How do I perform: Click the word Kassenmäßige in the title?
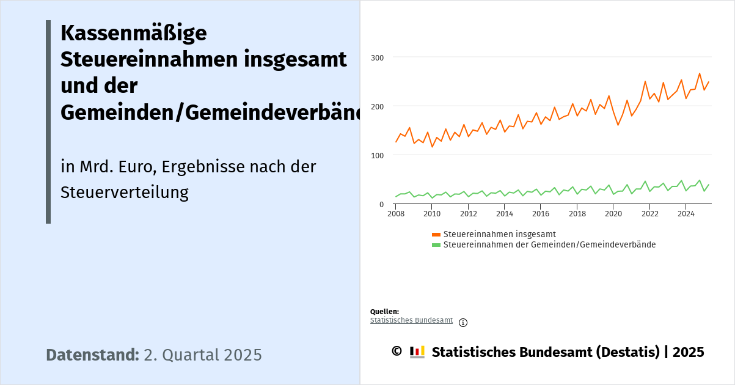tap(133, 33)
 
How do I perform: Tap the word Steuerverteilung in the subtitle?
tap(124, 193)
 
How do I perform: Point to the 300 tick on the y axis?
tap(378, 57)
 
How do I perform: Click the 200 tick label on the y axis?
tap(378, 106)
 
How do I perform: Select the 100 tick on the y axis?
tap(378, 155)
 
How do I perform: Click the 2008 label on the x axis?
tap(396, 214)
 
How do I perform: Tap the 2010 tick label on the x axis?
tap(432, 214)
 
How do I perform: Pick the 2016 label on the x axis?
tap(541, 214)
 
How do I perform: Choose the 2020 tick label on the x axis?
tap(613, 214)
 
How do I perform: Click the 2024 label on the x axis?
tap(686, 214)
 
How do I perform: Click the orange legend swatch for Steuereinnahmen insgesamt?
tap(436, 235)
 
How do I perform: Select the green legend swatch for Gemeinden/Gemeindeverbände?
tap(436, 245)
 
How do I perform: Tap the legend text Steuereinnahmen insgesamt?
tap(499, 234)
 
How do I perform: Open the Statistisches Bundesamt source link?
tap(411, 320)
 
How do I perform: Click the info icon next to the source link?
tap(463, 323)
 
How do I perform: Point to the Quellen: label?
tap(384, 312)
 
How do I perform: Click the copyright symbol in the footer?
tap(397, 351)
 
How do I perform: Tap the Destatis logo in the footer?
tap(417, 352)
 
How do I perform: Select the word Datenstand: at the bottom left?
tap(92, 355)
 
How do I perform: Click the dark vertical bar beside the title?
tap(48, 122)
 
